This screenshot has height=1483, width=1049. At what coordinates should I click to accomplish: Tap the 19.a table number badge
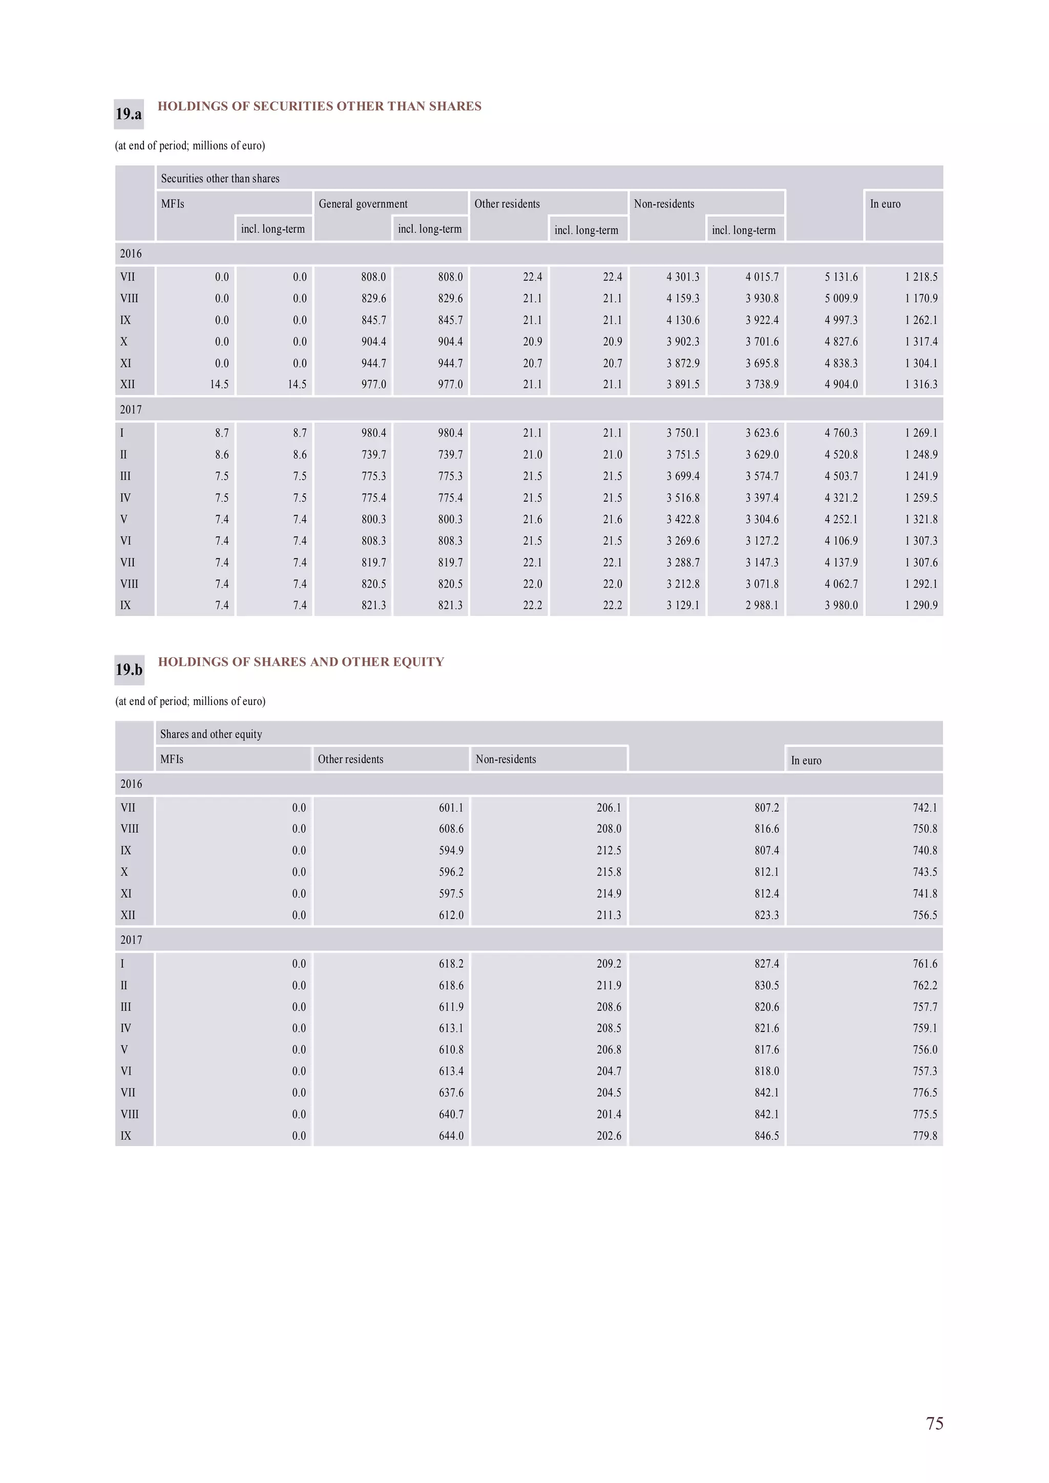tap(129, 114)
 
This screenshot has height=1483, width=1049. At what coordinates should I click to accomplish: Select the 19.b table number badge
tap(129, 670)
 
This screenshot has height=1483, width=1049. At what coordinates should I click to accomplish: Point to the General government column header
tap(363, 203)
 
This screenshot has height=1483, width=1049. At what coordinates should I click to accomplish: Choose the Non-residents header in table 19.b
tap(506, 759)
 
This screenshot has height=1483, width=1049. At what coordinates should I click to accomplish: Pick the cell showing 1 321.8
tap(920, 519)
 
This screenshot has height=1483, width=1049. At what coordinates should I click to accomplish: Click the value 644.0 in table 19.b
tap(451, 1135)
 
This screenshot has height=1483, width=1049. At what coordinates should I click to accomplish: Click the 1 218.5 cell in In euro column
tap(920, 276)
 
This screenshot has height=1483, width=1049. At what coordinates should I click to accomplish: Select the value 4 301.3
tap(683, 276)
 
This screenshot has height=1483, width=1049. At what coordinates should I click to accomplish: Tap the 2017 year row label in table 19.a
tap(131, 410)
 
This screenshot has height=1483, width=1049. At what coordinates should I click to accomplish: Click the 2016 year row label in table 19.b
tap(131, 784)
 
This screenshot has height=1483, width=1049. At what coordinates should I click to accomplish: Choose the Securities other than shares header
tap(220, 178)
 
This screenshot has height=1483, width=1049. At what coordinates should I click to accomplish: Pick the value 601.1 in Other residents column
tap(451, 807)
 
